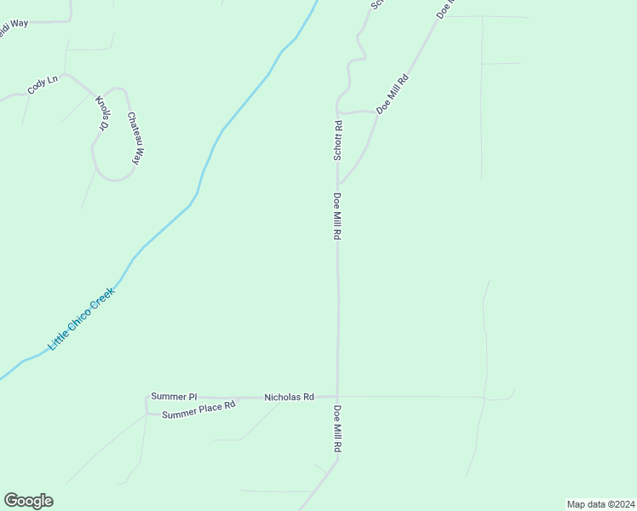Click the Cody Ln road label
coord(42,86)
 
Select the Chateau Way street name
coord(133,137)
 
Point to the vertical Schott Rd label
coord(338,141)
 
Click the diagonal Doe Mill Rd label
coord(393,95)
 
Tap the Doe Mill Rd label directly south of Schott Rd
coord(338,216)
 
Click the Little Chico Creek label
coord(81,319)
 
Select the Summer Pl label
coord(173,397)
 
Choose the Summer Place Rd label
coord(198,411)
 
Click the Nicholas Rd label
coord(289,397)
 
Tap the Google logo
coord(28,501)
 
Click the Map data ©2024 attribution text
coord(600,503)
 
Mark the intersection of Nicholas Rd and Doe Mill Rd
coord(338,397)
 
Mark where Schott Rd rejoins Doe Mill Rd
coord(339,183)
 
